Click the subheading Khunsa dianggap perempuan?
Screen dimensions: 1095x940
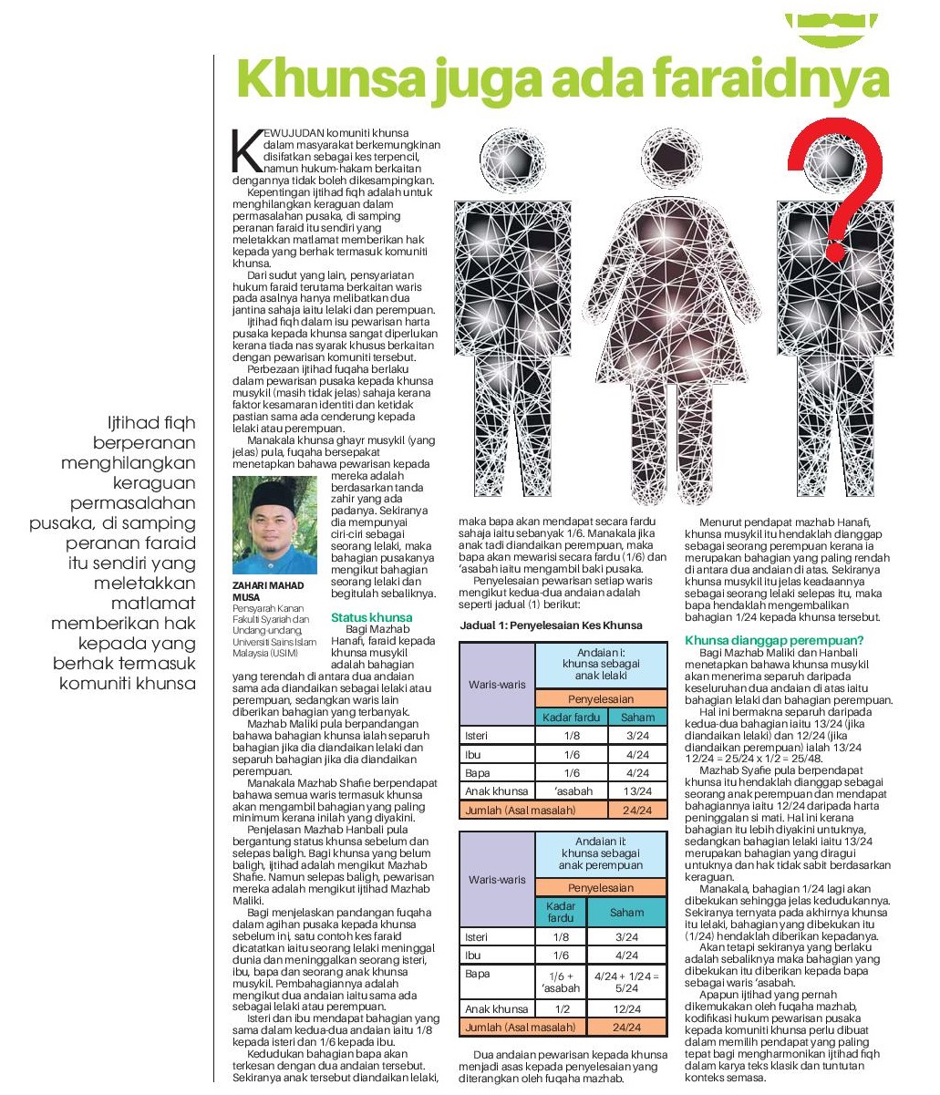coord(775,641)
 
